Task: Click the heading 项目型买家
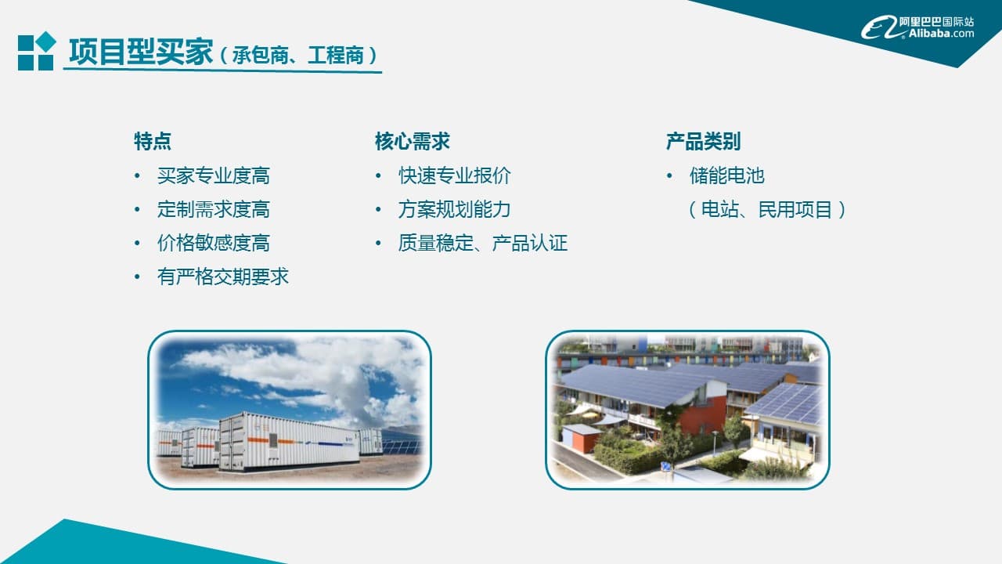[x=141, y=53]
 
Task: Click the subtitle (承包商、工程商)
[x=298, y=56]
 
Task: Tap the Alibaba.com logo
[x=918, y=27]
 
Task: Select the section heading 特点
[x=153, y=142]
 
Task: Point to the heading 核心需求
[x=412, y=142]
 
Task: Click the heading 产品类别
[x=703, y=142]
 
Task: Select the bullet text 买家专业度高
[x=213, y=176]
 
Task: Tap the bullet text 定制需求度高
[x=213, y=210]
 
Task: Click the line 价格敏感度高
[x=213, y=244]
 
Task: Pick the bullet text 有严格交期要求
[x=223, y=277]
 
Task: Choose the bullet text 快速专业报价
[x=454, y=176]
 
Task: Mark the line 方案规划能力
[x=454, y=210]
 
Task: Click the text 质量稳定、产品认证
[x=482, y=244]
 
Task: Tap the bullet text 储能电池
[x=726, y=176]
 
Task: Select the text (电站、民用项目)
[x=767, y=210]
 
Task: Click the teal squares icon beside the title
[x=37, y=52]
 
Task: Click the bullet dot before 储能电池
[x=669, y=176]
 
